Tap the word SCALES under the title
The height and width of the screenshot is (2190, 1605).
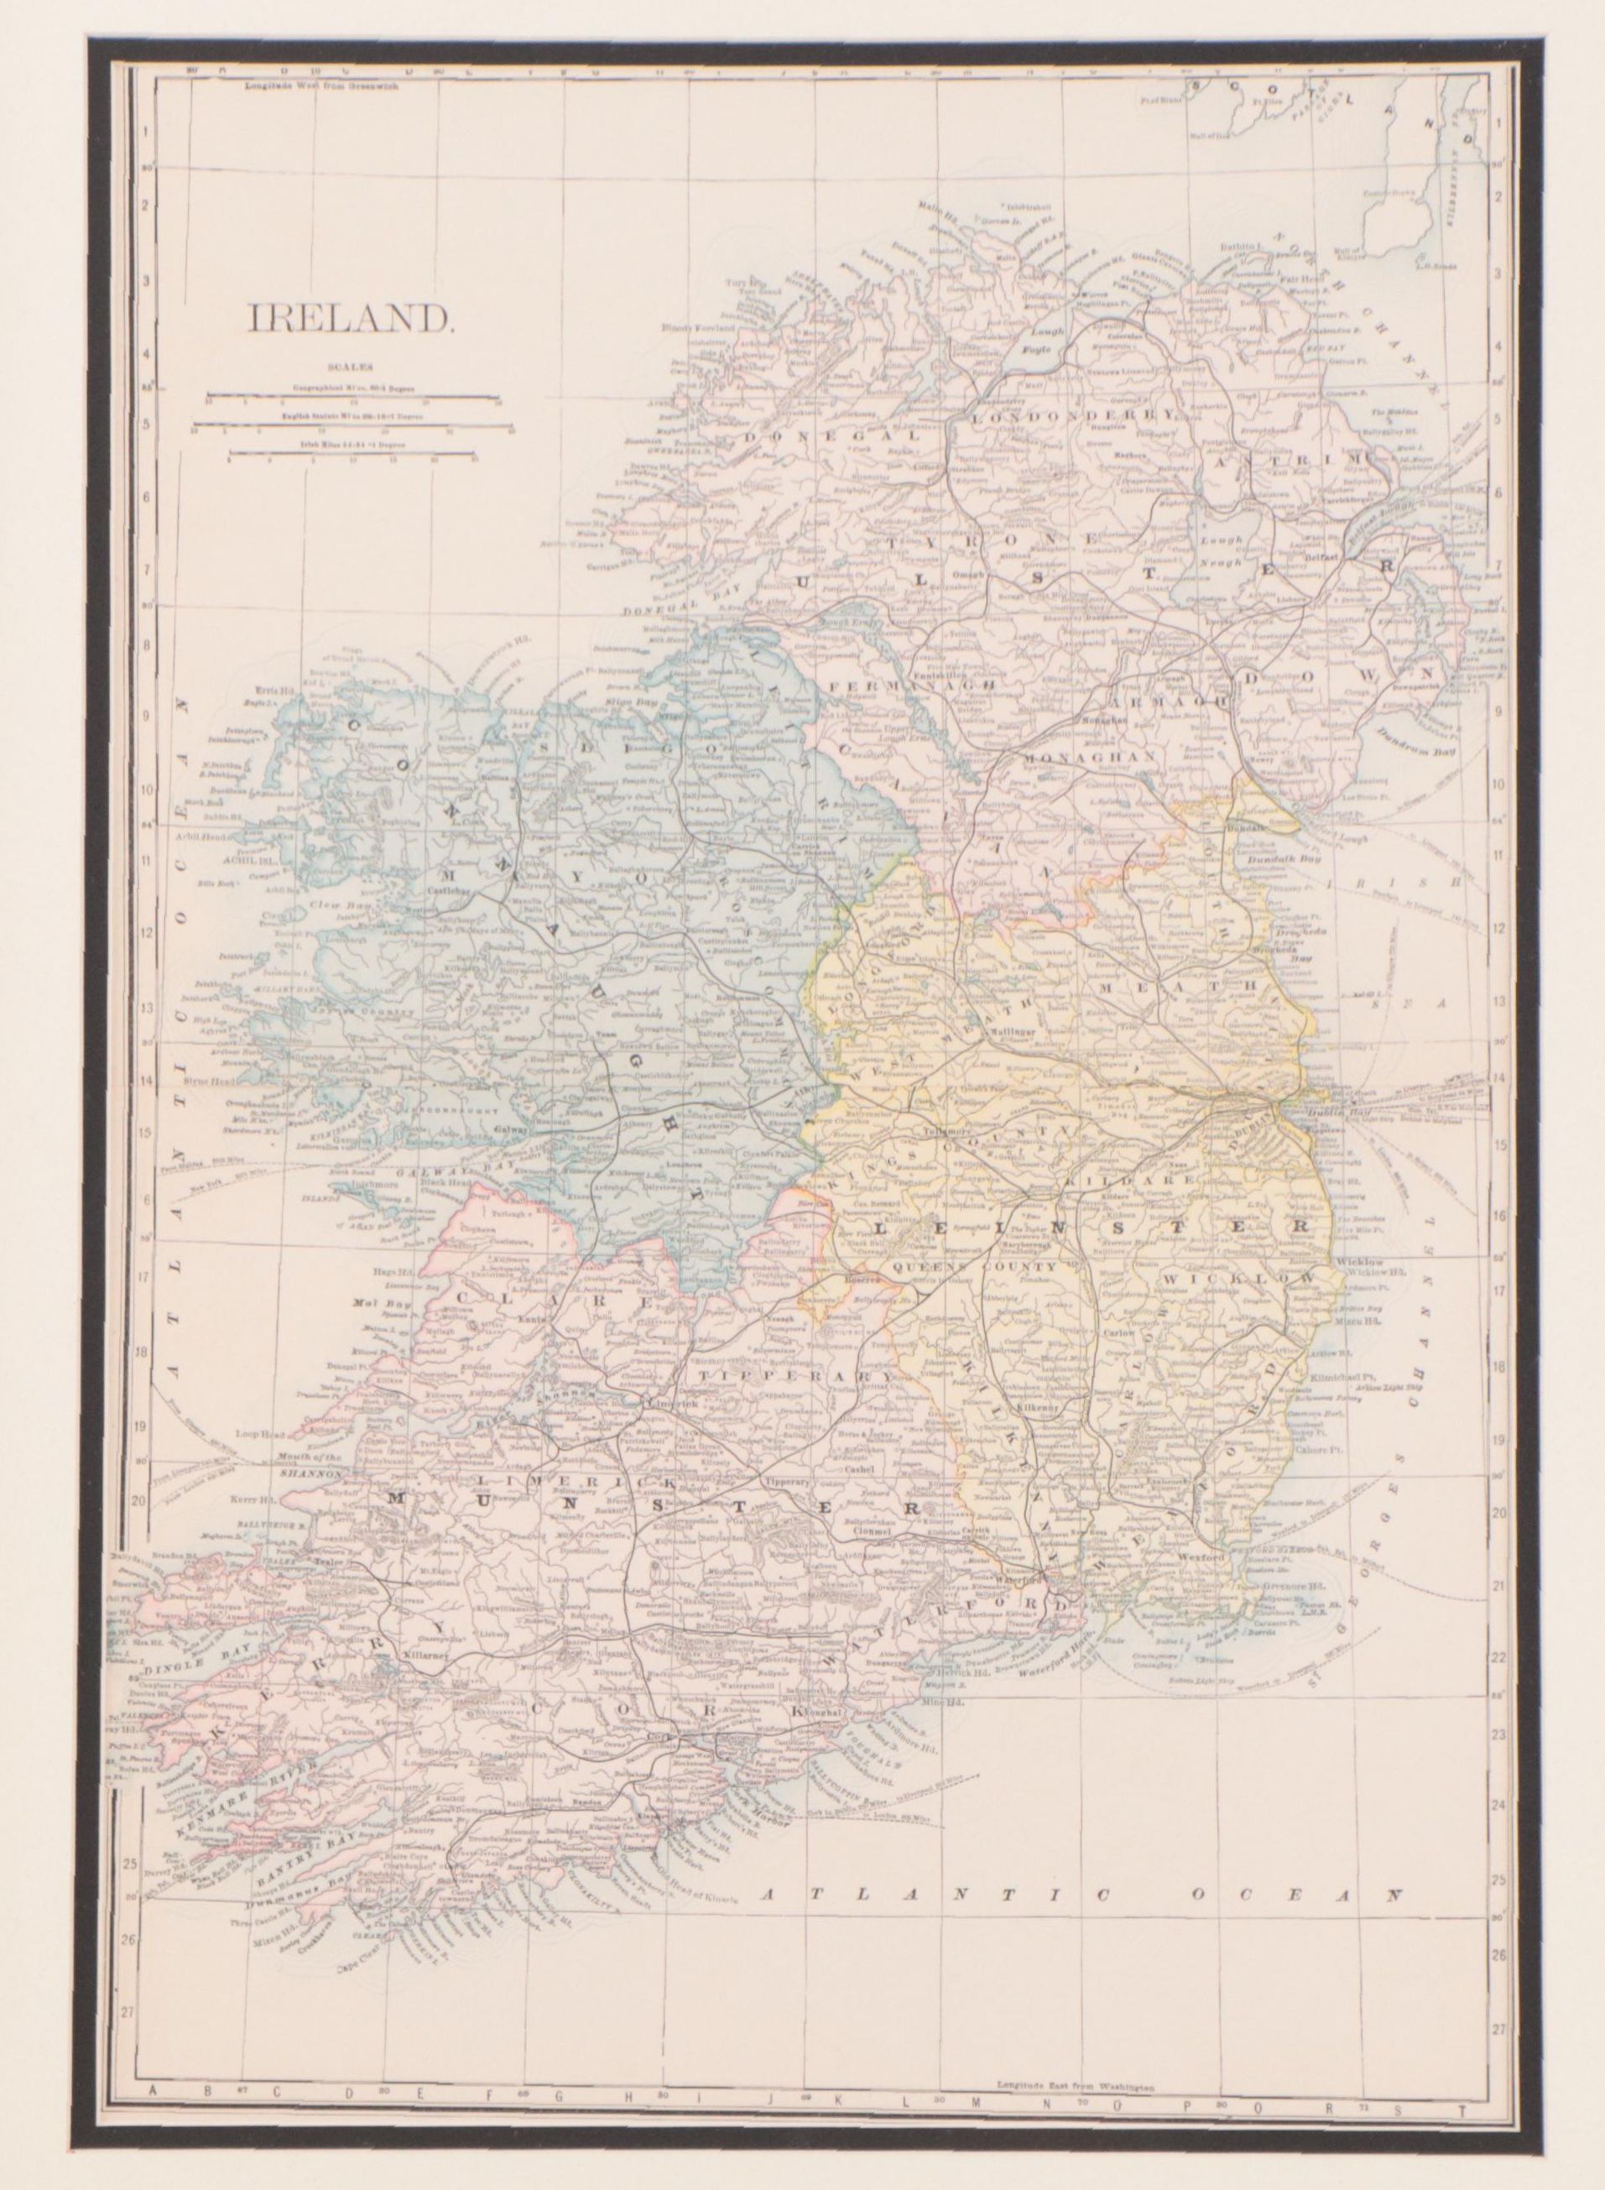[x=347, y=368]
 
